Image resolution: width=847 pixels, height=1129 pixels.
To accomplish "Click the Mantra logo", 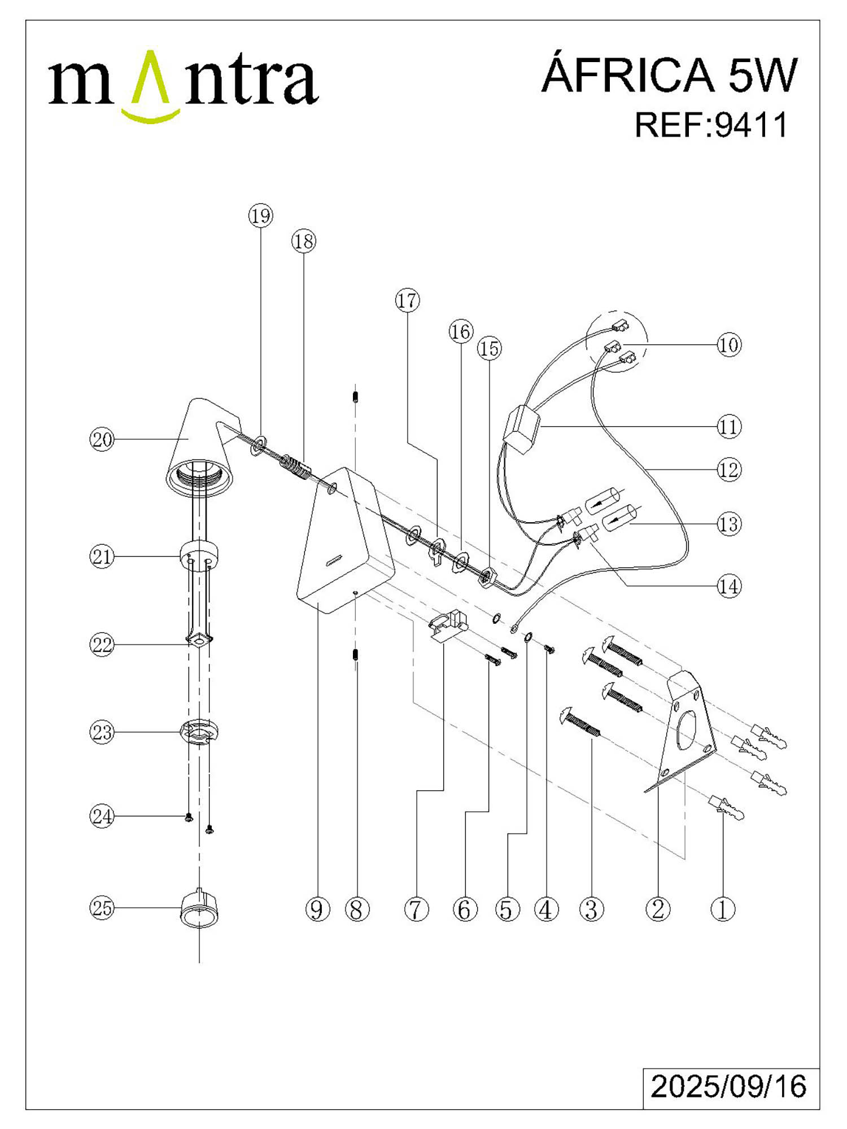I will [184, 85].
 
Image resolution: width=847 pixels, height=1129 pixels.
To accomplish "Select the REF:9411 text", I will [711, 125].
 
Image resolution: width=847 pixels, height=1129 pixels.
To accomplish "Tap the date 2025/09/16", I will [728, 1086].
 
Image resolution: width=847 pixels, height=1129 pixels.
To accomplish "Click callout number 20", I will [102, 439].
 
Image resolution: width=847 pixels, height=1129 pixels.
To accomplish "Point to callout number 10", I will [728, 344].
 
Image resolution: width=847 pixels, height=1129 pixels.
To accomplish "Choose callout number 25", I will [102, 908].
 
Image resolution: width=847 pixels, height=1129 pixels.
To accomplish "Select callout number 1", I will [723, 909].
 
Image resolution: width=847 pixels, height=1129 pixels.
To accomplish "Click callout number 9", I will [317, 909].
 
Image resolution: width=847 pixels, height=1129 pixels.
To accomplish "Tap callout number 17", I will [407, 300].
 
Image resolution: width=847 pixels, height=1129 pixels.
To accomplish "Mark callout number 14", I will [728, 587].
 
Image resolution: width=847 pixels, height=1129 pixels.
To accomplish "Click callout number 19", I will [260, 216].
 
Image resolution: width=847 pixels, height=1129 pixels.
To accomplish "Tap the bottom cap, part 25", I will [199, 909].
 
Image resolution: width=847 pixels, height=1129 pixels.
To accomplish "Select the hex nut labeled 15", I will [487, 577].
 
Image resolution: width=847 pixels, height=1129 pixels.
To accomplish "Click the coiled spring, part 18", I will [295, 466].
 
